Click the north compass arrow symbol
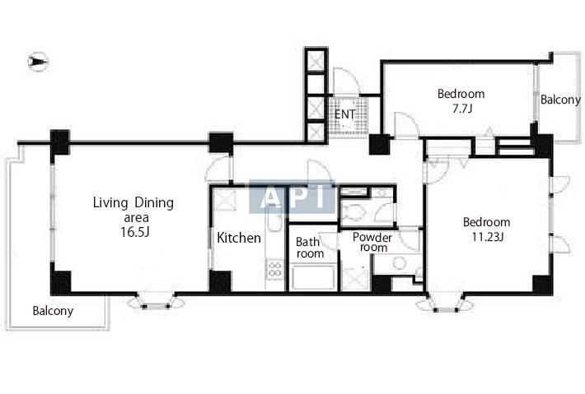pos(39,62)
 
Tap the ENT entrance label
pos(344,114)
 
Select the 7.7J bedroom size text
pos(462,109)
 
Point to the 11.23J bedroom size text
pos(488,237)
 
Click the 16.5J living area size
pos(134,232)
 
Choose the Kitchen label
pos(239,238)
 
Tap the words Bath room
pos(310,248)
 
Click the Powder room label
pos(372,242)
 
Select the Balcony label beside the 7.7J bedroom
pos(560,100)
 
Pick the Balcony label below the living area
pos(53,311)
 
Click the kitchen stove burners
pos(275,269)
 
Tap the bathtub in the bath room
pos(313,276)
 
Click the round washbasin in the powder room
pos(400,263)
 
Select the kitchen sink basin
pos(275,222)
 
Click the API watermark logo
pos(292,197)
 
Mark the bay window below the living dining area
pos(156,302)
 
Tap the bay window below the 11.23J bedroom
pos(446,302)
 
